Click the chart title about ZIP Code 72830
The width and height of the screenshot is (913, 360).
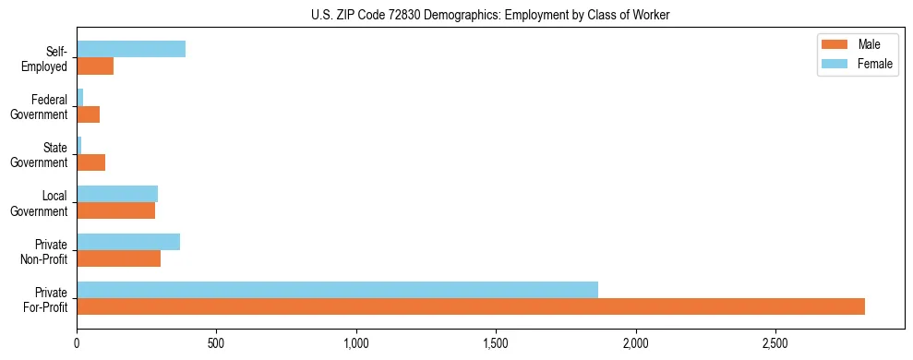click(490, 15)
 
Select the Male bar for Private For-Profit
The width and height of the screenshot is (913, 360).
click(471, 306)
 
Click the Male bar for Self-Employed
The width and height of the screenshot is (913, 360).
click(95, 66)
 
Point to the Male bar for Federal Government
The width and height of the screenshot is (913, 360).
click(88, 114)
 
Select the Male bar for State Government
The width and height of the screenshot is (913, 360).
click(90, 162)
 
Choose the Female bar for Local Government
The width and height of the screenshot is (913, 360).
click(117, 194)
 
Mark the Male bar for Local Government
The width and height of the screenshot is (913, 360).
click(115, 210)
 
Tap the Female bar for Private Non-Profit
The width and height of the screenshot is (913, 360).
click(128, 242)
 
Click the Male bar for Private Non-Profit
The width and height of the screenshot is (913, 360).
click(118, 258)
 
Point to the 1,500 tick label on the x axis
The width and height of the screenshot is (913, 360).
click(496, 343)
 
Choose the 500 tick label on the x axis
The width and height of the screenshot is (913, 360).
click(216, 343)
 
